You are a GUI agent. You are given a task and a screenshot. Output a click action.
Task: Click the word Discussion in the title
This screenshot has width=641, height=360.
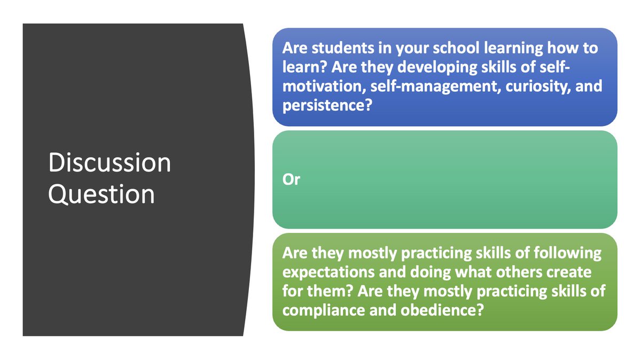pyautogui.click(x=110, y=163)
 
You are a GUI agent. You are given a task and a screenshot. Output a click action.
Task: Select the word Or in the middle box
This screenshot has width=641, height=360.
pyautogui.click(x=291, y=180)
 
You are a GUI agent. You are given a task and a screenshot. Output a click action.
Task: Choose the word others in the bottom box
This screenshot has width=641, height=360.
pyautogui.click(x=509, y=272)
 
